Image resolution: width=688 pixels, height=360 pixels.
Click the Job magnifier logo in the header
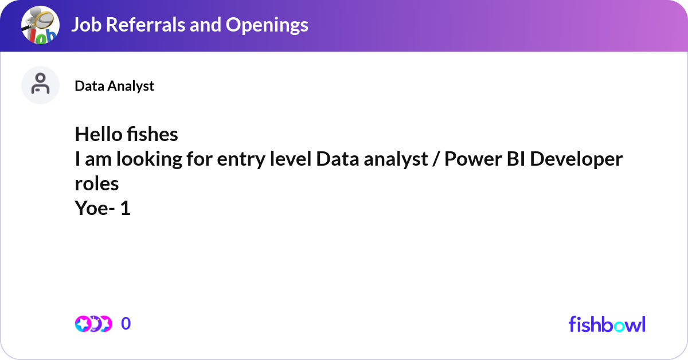point(40,25)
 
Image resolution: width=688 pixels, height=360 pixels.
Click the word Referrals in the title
point(146,25)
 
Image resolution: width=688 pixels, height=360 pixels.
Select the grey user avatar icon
point(40,85)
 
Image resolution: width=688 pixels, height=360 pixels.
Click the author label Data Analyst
point(114,86)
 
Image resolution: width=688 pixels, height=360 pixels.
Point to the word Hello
point(98,134)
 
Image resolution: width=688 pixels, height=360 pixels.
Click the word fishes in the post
point(153,134)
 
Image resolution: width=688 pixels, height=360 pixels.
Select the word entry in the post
point(241,160)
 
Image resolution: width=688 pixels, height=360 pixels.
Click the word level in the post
point(291,159)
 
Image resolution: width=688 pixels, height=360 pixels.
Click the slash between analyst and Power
point(436,159)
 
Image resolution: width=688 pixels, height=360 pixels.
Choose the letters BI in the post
point(515,159)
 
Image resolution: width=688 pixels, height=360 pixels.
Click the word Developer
point(576,160)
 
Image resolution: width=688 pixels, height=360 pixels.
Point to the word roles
point(97,183)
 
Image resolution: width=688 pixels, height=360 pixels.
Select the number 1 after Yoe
point(126,208)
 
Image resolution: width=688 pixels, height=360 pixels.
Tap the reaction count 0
point(126,323)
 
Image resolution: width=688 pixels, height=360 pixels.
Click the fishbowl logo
point(607,324)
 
